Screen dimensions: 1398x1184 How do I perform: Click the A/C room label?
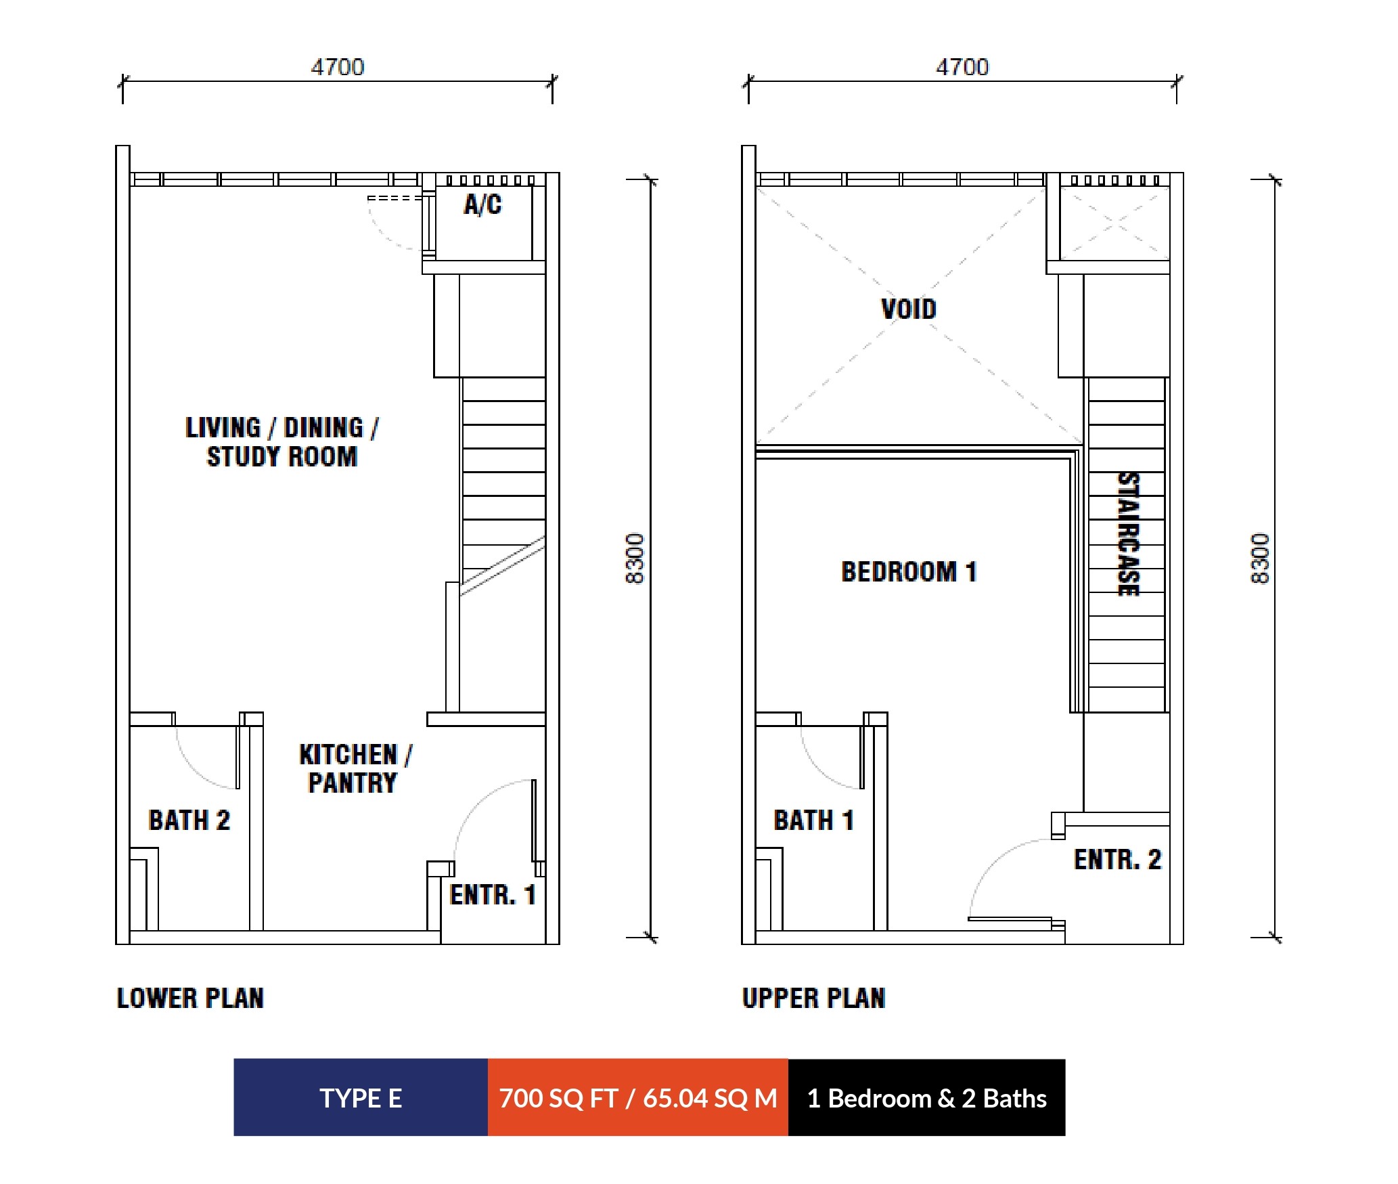pyautogui.click(x=482, y=204)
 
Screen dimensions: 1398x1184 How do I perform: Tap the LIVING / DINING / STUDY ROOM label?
pyautogui.click(x=282, y=442)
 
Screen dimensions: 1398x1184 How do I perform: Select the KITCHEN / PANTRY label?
pyautogui.click(x=355, y=768)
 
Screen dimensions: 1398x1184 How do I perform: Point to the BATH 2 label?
pyautogui.click(x=189, y=820)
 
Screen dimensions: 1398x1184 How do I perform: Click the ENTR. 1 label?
pyautogui.click(x=493, y=895)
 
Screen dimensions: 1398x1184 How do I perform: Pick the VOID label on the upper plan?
pyautogui.click(x=909, y=309)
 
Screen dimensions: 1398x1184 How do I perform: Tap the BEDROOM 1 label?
pyautogui.click(x=909, y=572)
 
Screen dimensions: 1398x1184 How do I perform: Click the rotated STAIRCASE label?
pyautogui.click(x=1128, y=534)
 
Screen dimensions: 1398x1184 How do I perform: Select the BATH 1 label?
pyautogui.click(x=813, y=820)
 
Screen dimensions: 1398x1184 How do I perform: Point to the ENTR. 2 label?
pyautogui.click(x=1117, y=860)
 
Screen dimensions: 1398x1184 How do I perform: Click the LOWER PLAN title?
pyautogui.click(x=190, y=999)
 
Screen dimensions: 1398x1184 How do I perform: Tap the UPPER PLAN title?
pyautogui.click(x=814, y=999)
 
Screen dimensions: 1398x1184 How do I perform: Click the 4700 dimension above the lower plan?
pyautogui.click(x=338, y=67)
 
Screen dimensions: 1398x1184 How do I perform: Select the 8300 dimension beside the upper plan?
pyautogui.click(x=1260, y=558)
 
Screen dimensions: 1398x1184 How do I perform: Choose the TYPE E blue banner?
pyautogui.click(x=361, y=1097)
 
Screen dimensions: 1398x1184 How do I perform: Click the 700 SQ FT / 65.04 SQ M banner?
pyautogui.click(x=638, y=1097)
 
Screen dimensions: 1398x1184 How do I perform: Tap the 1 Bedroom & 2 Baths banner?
pyautogui.click(x=927, y=1097)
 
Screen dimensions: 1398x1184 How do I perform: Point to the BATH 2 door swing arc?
pyautogui.click(x=193, y=770)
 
